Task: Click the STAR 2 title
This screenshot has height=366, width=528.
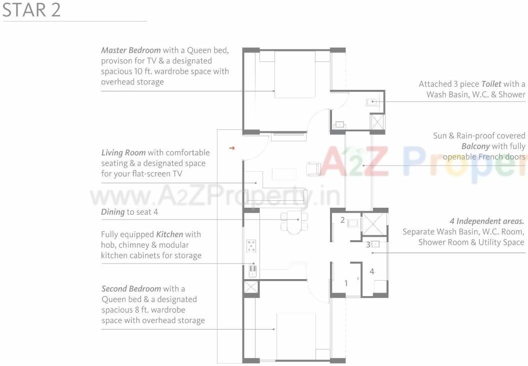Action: tap(31, 10)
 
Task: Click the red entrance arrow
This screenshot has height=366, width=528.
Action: tap(231, 148)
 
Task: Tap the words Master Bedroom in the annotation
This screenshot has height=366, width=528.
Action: tap(131, 50)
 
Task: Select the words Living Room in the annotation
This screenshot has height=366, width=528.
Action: tap(123, 153)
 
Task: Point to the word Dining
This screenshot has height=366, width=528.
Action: tap(112, 212)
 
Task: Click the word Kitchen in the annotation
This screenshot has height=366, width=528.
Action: tap(169, 234)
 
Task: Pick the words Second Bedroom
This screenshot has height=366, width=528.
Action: tap(131, 289)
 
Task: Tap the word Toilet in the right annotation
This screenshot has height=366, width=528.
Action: tap(491, 84)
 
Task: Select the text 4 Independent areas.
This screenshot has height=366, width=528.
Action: tap(486, 221)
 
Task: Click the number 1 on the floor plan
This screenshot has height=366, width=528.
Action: tap(346, 283)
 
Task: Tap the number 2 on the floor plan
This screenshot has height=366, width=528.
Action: tap(342, 220)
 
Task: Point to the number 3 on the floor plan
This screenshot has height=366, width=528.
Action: tap(368, 245)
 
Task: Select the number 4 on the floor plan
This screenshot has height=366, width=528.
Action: tap(372, 272)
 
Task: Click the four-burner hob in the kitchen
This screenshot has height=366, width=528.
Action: tap(251, 246)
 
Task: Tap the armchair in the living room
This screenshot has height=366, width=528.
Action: tap(313, 169)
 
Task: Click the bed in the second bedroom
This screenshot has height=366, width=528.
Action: tap(296, 336)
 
